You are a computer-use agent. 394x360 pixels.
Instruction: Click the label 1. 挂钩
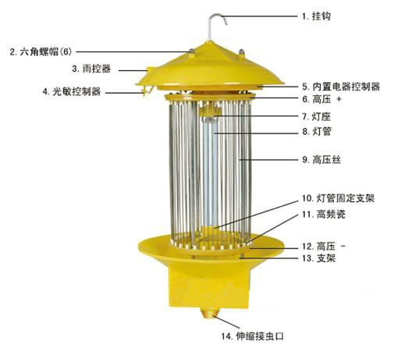pos(316,16)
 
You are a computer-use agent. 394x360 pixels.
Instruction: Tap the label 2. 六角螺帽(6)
pos(41,52)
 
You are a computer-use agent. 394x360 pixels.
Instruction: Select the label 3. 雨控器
pos(91,69)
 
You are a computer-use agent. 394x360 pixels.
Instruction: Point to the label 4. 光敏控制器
pos(72,91)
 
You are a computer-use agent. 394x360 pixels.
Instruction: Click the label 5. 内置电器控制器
pos(341,87)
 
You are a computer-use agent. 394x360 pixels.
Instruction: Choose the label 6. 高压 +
pos(321,99)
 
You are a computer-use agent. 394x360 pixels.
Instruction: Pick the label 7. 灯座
pos(316,117)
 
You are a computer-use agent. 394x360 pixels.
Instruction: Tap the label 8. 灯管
pos(317,131)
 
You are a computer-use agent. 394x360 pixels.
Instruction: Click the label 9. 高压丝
pos(321,159)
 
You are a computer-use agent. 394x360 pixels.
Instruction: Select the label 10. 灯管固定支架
pos(338,198)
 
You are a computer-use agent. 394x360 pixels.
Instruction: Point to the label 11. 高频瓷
pos(324,215)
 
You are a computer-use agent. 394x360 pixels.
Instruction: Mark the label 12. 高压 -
pos(324,246)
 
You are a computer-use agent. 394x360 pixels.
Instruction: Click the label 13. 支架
pos(318,258)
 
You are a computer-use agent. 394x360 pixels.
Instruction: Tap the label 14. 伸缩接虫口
pos(253,337)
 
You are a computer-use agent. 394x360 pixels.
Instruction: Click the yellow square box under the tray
pos(209,287)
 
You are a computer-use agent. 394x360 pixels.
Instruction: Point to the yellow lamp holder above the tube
pos(211,112)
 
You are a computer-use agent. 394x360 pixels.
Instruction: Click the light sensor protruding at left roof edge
pos(147,91)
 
